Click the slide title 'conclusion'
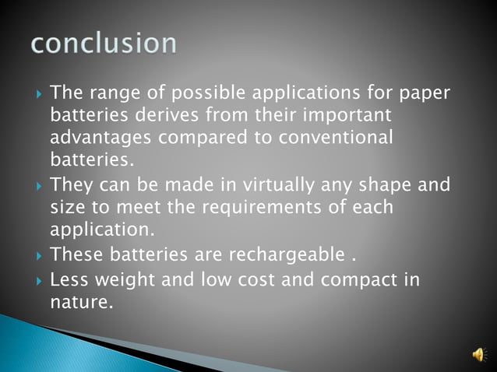[104, 43]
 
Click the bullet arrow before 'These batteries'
[38, 254]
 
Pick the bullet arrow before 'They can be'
[38, 187]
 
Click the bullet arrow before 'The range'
[38, 95]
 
